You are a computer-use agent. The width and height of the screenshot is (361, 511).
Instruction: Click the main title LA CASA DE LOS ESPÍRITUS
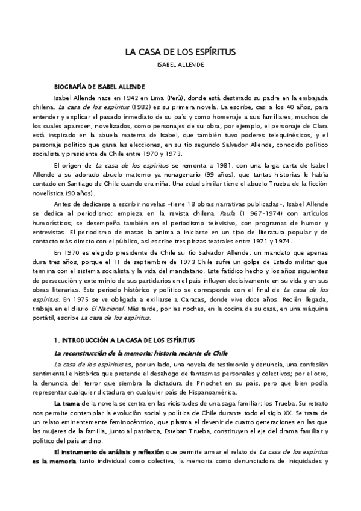pyautogui.click(x=180, y=52)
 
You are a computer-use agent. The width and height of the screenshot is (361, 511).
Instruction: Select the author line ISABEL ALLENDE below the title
pyautogui.click(x=180, y=64)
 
